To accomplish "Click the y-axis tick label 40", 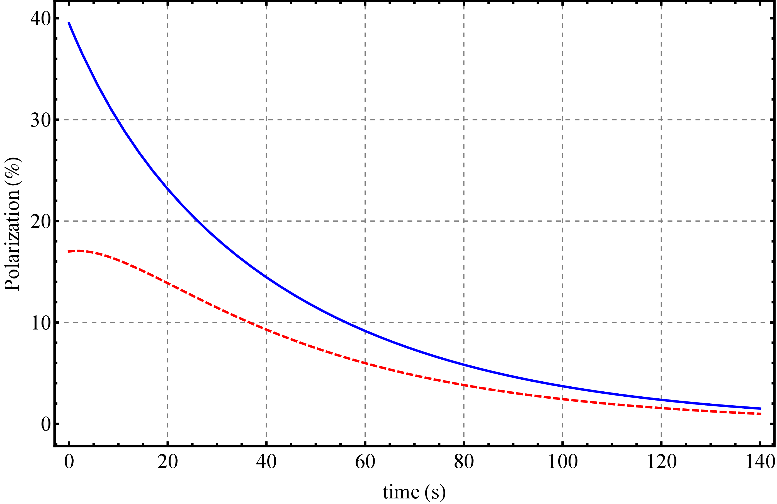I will click(x=41, y=19).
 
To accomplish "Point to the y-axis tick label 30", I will click(x=41, y=120).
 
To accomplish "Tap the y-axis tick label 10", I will click(x=41, y=323).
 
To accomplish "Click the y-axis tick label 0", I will click(x=46, y=424).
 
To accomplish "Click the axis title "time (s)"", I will click(x=414, y=492).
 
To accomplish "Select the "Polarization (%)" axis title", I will click(x=13, y=224).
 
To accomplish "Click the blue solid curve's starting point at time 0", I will click(x=69, y=23).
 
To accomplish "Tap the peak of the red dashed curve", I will click(x=79, y=251).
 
